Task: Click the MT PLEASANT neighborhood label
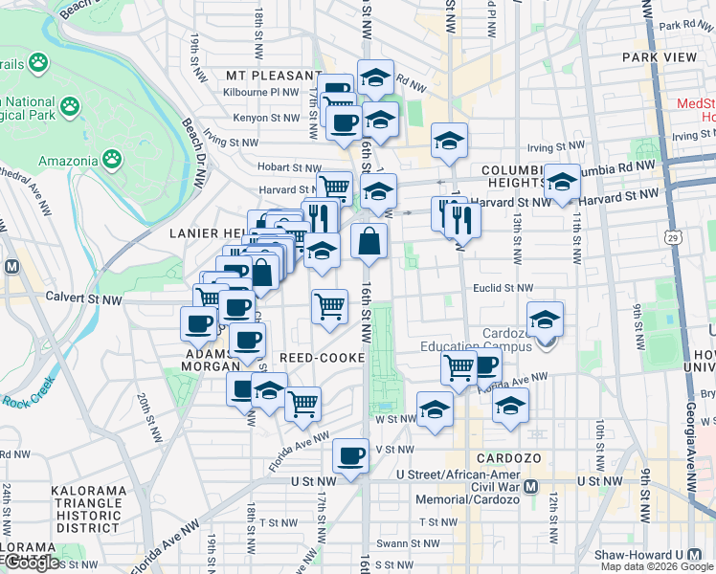point(272,75)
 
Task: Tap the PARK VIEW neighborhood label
point(660,57)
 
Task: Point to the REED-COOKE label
point(322,358)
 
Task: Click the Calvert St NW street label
point(89,299)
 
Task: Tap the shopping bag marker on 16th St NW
point(369,242)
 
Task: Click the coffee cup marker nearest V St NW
point(351,456)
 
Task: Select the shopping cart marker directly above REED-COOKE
point(329,307)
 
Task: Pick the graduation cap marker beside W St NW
point(435,411)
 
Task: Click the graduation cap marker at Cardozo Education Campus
point(545,320)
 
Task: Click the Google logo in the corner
point(32,563)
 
